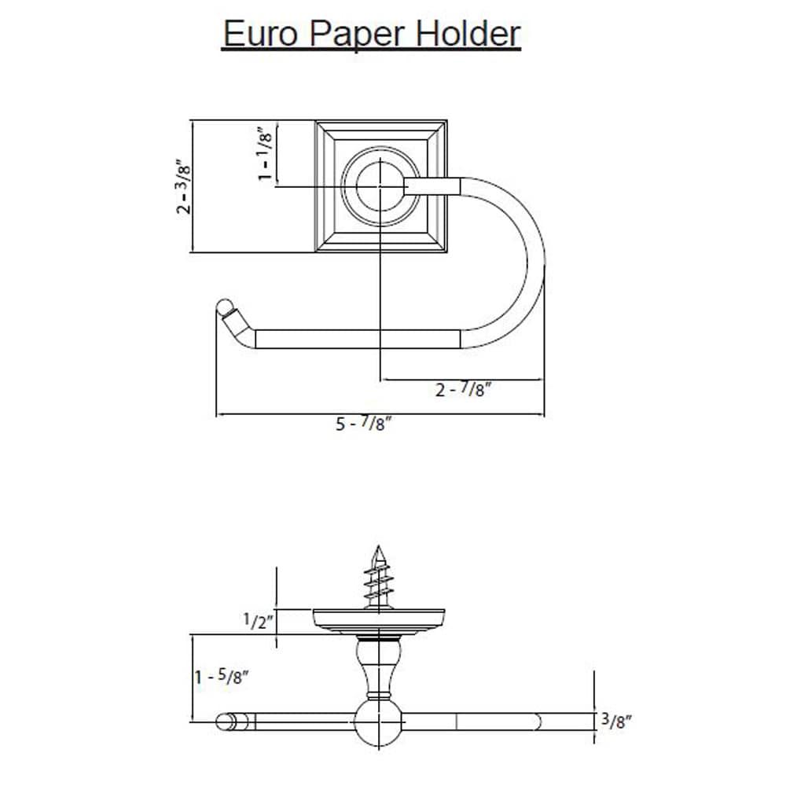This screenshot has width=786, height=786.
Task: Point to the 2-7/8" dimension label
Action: pyautogui.click(x=464, y=390)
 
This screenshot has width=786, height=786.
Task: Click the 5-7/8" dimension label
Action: pyautogui.click(x=364, y=424)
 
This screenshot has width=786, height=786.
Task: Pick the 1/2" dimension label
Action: pyautogui.click(x=258, y=622)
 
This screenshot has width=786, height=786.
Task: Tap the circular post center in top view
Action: pyautogui.click(x=380, y=187)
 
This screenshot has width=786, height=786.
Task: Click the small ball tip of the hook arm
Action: pyautogui.click(x=225, y=306)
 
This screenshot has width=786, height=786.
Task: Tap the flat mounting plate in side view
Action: pyautogui.click(x=380, y=619)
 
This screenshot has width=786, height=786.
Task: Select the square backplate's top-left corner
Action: pyautogui.click(x=317, y=122)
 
